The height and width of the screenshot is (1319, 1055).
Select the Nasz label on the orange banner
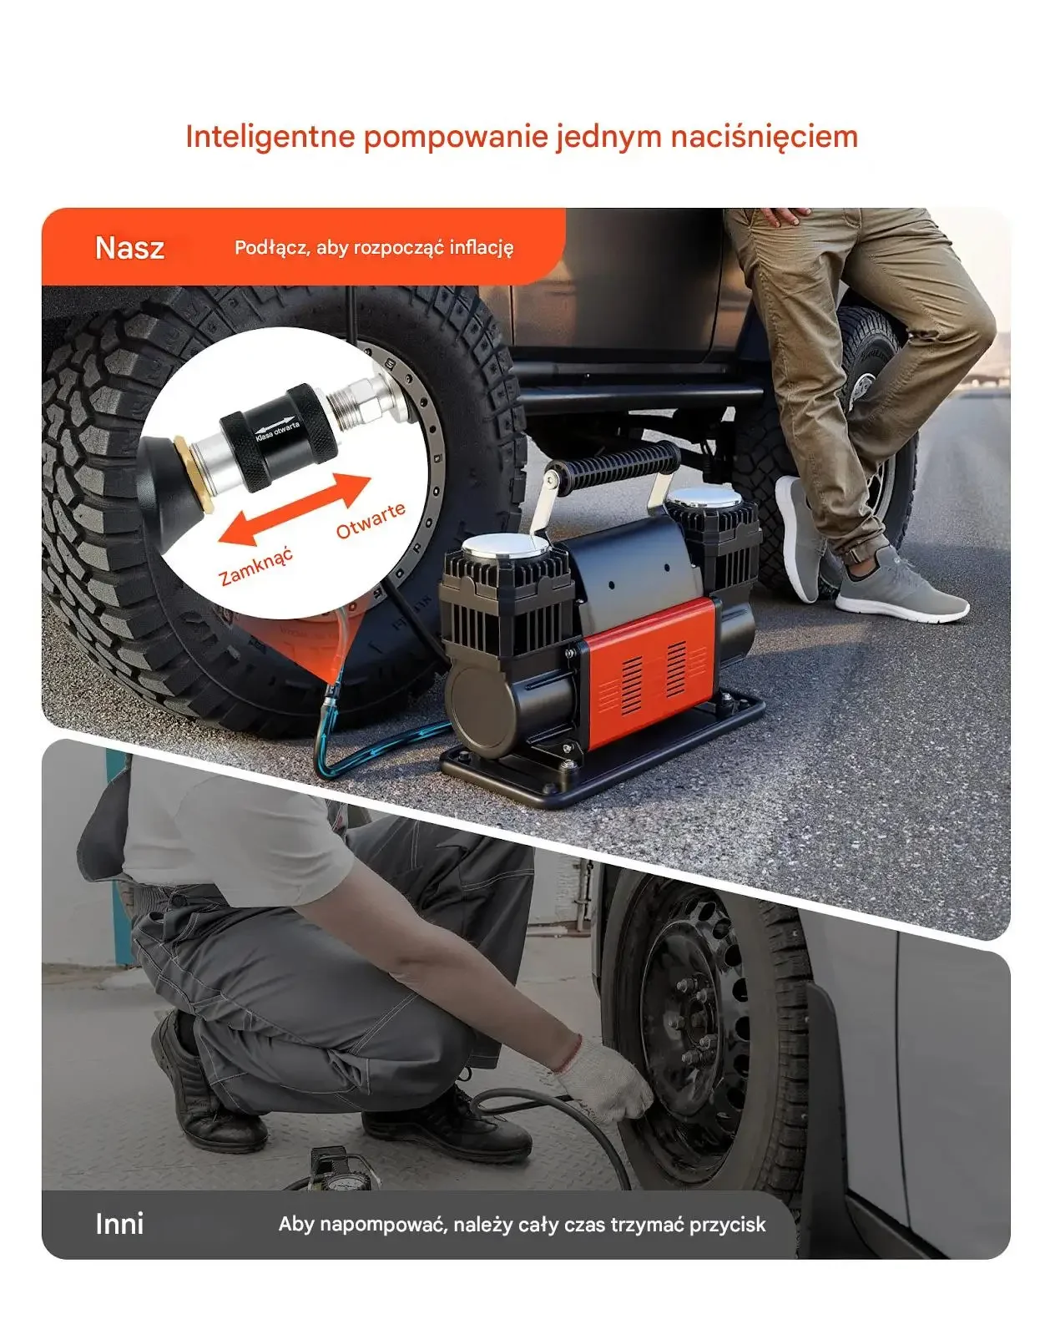tap(129, 248)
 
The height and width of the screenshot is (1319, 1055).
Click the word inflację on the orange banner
tap(481, 248)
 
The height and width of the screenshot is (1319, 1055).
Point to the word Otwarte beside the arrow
tap(371, 520)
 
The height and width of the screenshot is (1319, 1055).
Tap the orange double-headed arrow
tap(295, 510)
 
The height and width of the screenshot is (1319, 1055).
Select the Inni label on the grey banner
tap(119, 1224)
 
